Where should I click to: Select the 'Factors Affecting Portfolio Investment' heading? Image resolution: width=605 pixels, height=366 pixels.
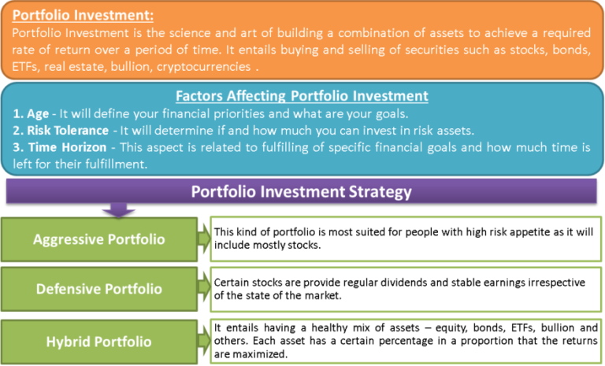[302, 97]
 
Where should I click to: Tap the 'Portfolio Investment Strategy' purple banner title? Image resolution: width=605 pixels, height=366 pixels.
[302, 191]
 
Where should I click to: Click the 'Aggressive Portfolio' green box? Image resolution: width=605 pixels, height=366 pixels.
[99, 239]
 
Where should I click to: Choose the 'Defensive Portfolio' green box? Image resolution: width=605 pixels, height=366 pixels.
[99, 289]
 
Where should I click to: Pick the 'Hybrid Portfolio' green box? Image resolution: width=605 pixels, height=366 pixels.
[99, 342]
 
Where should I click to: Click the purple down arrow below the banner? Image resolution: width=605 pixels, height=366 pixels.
[121, 210]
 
